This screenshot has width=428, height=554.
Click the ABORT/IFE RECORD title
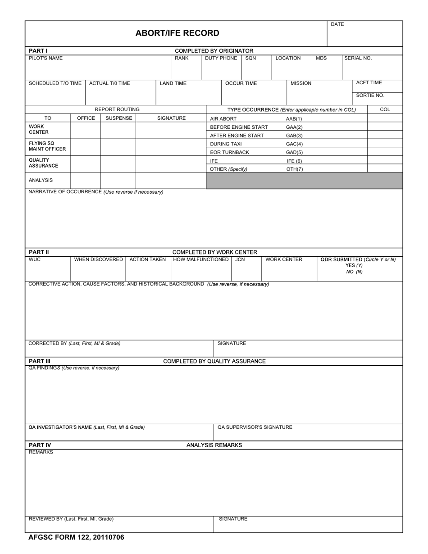tap(177, 33)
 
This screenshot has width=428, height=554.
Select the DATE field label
tap(337, 24)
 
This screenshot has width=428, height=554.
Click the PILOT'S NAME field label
tap(46, 58)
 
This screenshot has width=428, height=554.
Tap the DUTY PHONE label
tap(221, 58)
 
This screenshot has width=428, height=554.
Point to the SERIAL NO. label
tap(358, 58)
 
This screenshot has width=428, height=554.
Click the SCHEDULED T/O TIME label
tap(55, 83)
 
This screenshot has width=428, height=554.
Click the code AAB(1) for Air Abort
tap(294, 119)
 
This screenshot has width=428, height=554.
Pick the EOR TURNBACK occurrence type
tap(229, 152)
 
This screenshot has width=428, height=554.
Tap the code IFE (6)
tap(294, 161)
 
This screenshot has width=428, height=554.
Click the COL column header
tap(385, 109)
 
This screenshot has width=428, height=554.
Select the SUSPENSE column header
tap(118, 118)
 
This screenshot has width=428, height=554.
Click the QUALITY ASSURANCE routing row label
tap(43, 163)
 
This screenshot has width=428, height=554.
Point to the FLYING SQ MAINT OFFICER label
tap(47, 146)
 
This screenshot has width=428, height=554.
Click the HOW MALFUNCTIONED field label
tap(200, 259)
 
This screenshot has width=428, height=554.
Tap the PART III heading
tap(40, 361)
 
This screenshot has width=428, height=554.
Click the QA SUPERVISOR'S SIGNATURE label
tap(255, 427)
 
